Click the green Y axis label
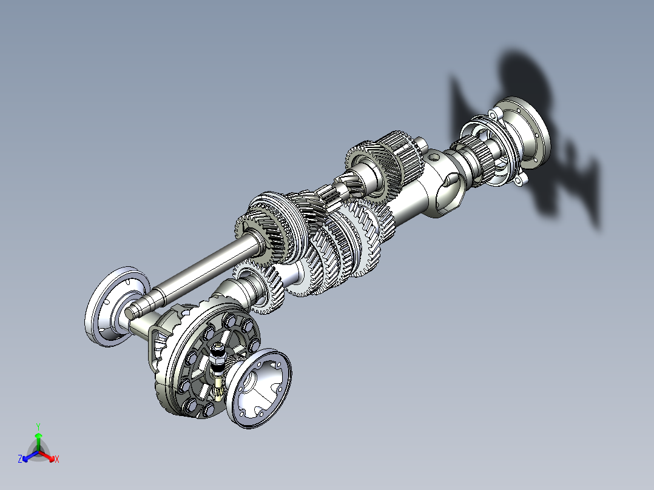click(38, 426)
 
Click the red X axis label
click(57, 460)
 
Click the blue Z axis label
click(20, 460)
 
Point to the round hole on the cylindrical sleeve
click(433, 156)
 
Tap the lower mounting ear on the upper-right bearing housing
click(519, 180)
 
